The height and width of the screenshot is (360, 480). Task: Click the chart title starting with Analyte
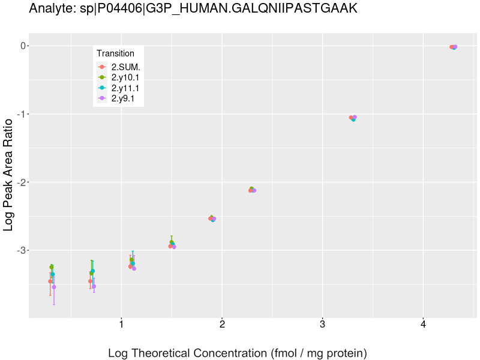[x=193, y=9]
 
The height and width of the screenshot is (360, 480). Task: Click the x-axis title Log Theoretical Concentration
[x=237, y=353]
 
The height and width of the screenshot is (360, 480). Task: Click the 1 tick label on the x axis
[x=122, y=325]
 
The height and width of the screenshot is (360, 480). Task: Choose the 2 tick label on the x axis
[x=222, y=325]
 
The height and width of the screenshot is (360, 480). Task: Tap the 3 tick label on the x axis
[x=323, y=325]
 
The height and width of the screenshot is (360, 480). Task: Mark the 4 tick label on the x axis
[x=423, y=325]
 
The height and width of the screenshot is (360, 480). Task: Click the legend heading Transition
[x=115, y=53]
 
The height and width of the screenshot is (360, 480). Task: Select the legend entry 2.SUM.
[x=125, y=67]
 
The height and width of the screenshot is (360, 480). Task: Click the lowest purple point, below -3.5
[x=54, y=287]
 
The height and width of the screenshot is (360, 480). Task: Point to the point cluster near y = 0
[x=454, y=47]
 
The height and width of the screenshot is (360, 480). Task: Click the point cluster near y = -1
[x=353, y=118]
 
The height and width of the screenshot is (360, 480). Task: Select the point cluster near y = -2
[x=252, y=190]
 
